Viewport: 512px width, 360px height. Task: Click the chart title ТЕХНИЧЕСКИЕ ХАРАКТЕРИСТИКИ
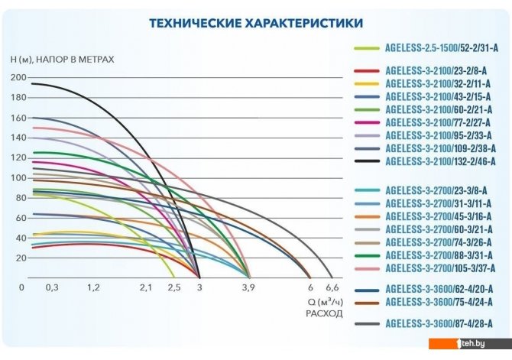point(256,24)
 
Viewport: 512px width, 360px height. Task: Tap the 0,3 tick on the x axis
point(52,287)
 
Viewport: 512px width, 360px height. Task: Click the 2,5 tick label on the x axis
point(174,287)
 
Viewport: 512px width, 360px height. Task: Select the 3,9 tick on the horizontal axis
point(248,287)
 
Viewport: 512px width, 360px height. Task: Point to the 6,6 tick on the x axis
point(333,287)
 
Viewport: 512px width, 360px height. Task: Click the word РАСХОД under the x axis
point(324,312)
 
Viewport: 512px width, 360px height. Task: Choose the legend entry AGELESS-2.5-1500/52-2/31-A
point(439,48)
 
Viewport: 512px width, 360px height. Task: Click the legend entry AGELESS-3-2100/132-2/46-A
point(439,161)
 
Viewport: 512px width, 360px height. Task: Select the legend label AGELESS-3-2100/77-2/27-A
point(439,122)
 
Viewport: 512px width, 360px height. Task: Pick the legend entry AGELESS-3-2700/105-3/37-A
point(439,268)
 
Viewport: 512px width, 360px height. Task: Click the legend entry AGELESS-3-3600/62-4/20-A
point(439,289)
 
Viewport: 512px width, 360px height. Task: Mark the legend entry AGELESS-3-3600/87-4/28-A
point(439,324)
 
